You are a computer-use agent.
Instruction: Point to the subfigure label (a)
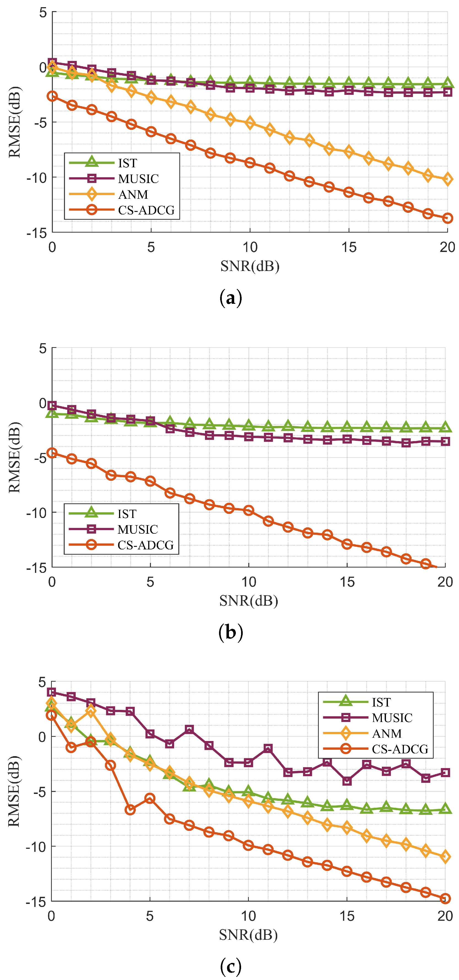click(230, 299)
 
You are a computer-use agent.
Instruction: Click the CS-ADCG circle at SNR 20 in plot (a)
click(447, 218)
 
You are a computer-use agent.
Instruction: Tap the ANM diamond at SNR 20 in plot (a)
click(447, 179)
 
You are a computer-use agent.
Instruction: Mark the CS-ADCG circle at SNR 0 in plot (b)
click(52, 453)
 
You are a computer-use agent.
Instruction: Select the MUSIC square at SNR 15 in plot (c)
click(346, 781)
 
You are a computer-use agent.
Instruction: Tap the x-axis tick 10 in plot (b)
click(249, 582)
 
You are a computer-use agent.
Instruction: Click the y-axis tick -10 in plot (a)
click(36, 177)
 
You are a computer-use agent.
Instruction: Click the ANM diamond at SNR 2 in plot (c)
click(91, 711)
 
